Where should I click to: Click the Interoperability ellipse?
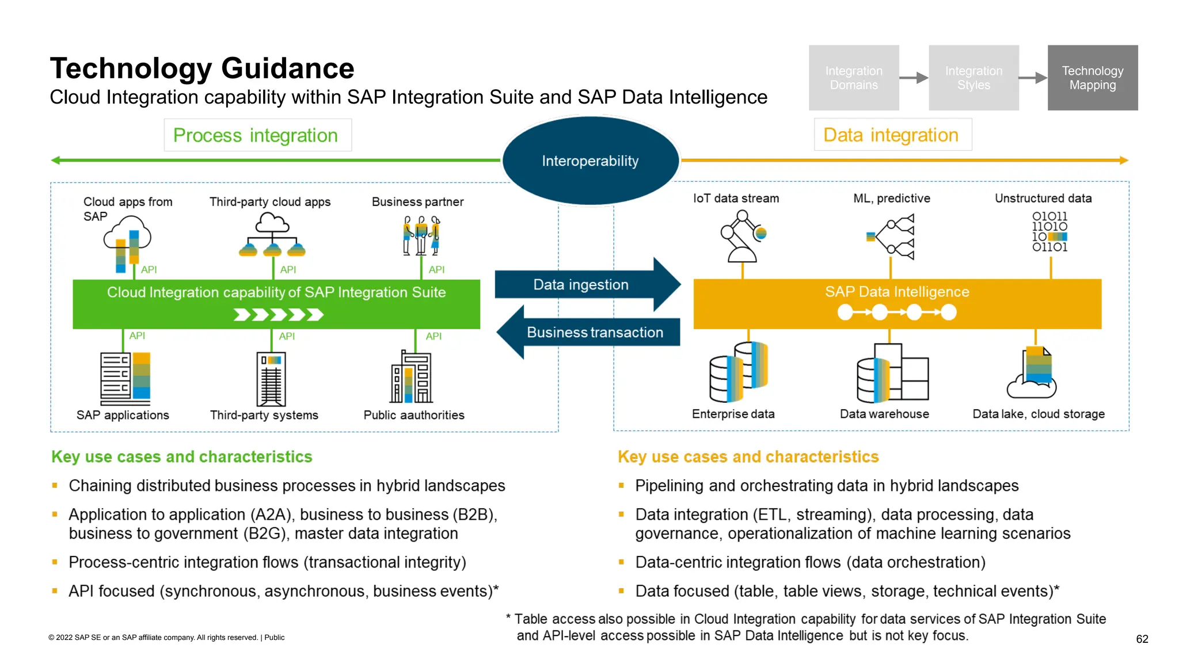[x=590, y=161]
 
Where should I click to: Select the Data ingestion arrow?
[x=581, y=284]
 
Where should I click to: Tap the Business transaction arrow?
[x=595, y=332]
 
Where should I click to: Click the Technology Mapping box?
[x=1092, y=78]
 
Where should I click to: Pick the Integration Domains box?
[x=853, y=78]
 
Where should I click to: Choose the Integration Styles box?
[x=973, y=78]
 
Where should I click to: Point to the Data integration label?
[x=892, y=135]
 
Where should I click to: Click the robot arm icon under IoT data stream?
[x=742, y=237]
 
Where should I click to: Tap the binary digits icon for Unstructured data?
[x=1049, y=231]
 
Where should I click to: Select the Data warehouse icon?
[x=891, y=374]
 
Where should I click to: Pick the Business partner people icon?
[x=421, y=235]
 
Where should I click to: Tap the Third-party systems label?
[x=264, y=415]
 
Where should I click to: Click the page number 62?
[x=1142, y=639]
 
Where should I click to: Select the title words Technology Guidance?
[x=202, y=68]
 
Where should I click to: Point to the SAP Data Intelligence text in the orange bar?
[x=896, y=292]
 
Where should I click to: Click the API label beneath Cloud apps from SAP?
[x=149, y=269]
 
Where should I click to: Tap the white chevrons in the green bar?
[x=279, y=315]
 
